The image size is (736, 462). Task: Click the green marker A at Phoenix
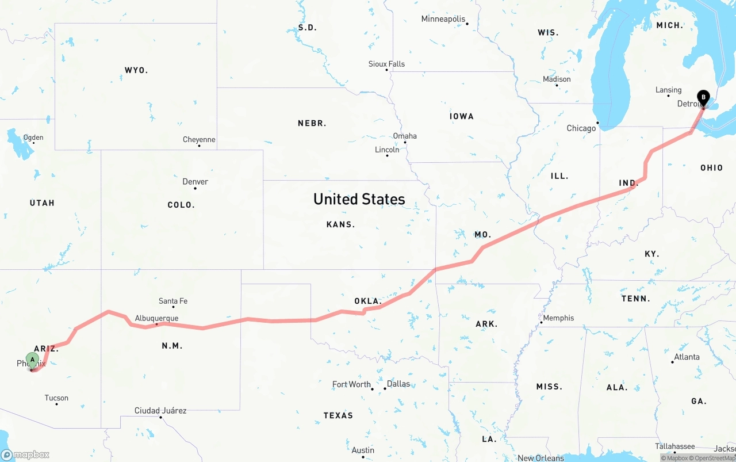pos(33,360)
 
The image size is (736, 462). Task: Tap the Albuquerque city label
pos(156,318)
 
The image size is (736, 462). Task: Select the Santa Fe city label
pos(172,301)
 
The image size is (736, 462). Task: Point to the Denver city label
pos(195,182)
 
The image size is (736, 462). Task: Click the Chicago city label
pos(581,128)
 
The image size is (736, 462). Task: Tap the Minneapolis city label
pos(443,19)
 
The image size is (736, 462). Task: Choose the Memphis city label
pos(558,318)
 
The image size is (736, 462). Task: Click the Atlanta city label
pos(687,357)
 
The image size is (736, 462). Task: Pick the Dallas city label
pos(398,384)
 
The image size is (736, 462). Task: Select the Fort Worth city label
pos(351,384)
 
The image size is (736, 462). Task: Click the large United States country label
pos(359,199)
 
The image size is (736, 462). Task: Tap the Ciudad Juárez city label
pos(160,411)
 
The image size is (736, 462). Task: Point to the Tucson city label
pos(56,398)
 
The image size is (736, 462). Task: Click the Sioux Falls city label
pos(386,64)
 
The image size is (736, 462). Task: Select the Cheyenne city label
pos(199,140)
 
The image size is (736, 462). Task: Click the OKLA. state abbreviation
pos(368,301)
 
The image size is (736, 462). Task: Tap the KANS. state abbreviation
pos(340,224)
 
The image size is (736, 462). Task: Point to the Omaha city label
pos(405,136)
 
